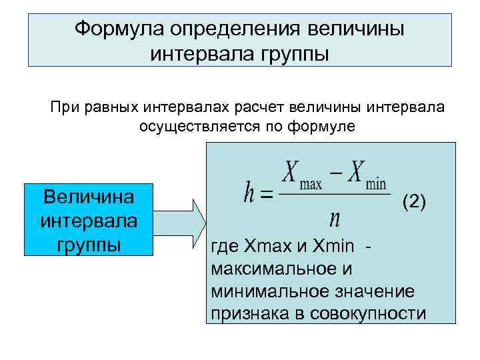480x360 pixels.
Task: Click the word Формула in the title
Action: click(x=117, y=29)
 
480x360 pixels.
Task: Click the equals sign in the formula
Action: click(x=266, y=195)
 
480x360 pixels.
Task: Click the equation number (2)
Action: click(x=413, y=202)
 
